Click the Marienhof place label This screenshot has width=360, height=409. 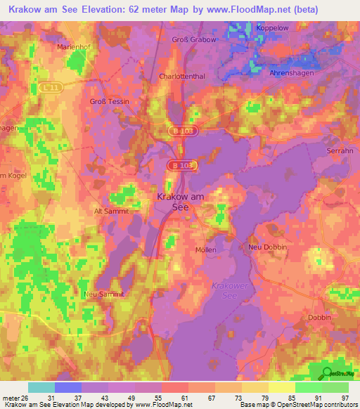[x=74, y=48]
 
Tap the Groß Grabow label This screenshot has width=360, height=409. [x=195, y=40]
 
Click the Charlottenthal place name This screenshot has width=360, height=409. [x=181, y=76]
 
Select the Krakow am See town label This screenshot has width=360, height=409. [x=180, y=202]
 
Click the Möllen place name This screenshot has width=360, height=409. [x=205, y=249]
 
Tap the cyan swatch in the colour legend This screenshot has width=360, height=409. [x=41, y=387]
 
